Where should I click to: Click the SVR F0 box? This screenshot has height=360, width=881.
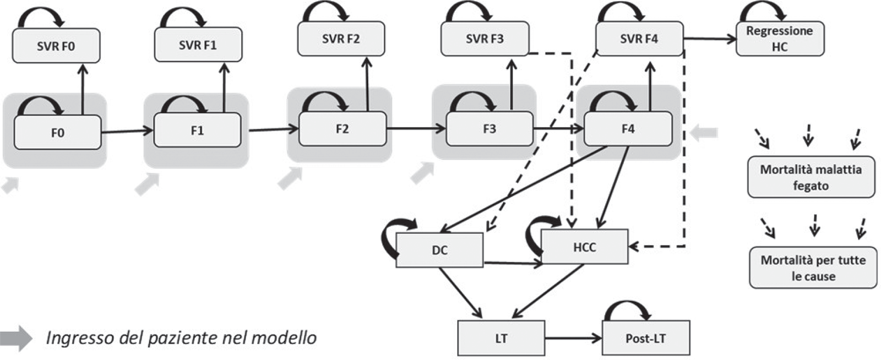pos(56,46)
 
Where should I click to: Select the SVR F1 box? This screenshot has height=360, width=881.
pos(198,45)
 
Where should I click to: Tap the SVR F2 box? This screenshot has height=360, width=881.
pos(341,39)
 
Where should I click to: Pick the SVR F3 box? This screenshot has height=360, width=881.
pos(485,39)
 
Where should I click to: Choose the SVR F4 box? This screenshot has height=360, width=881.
pos(639,39)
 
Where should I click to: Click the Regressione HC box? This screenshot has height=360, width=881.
pos(780,39)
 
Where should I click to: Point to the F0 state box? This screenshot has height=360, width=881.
pos(58,133)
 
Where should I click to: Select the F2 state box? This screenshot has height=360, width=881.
pos(342,129)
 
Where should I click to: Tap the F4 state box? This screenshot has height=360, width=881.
pos(628,129)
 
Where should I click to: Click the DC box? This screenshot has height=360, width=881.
pos(439,250)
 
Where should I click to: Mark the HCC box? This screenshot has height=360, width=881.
pos(584,247)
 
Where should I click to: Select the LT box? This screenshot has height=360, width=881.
pos(501,338)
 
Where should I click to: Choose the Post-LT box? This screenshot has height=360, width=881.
pos(646,338)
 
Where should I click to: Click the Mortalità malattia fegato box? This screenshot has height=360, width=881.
pos(811,177)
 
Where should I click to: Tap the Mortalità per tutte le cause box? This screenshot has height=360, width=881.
pos(813,268)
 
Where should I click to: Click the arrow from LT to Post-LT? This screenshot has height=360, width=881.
pos(573,338)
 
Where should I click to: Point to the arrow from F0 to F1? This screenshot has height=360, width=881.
pos(127,131)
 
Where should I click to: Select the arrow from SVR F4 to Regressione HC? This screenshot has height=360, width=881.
pos(710,39)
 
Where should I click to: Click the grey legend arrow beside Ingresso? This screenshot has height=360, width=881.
pos(17,337)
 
